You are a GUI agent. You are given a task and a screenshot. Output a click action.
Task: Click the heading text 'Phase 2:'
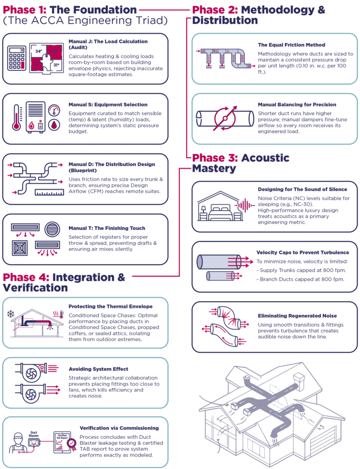[213, 10]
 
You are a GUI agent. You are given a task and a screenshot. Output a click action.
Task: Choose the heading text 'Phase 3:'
[213, 158]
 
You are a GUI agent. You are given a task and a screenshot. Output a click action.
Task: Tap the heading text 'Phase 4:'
[26, 278]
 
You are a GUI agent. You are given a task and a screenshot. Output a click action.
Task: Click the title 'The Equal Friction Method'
[291, 45]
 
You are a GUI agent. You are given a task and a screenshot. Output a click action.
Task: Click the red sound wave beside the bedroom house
[242, 205]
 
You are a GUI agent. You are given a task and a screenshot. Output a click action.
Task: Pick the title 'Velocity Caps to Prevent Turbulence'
[303, 252]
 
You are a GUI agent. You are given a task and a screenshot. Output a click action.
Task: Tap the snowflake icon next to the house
[11, 314]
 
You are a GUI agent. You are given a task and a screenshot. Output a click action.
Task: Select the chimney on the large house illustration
[298, 381]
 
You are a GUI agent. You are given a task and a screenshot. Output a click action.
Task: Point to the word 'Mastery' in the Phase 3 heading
[214, 169]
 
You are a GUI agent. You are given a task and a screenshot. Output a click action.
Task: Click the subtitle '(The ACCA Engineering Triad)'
[85, 21]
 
